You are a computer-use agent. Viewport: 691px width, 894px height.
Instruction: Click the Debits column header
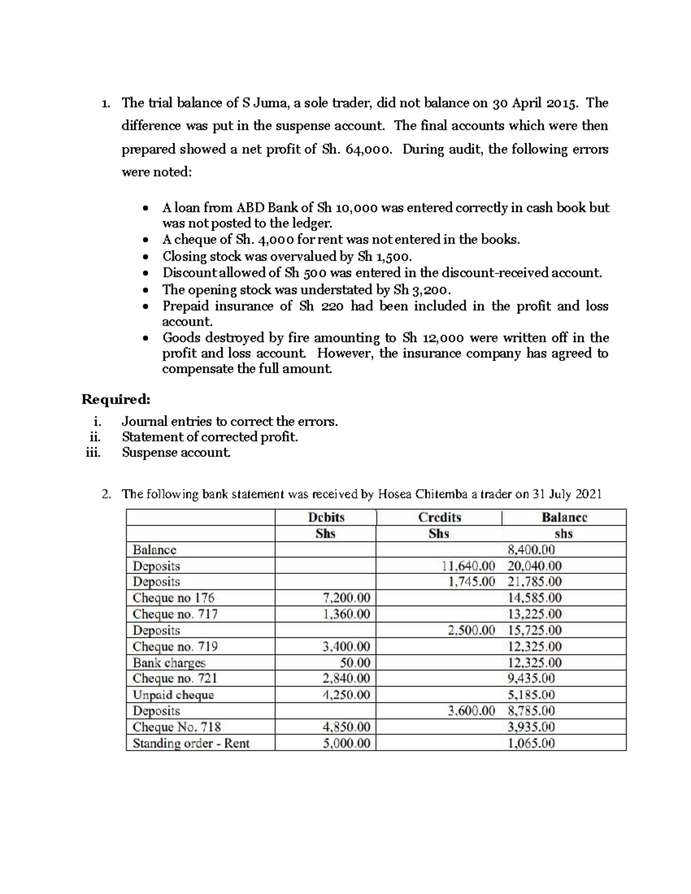pyautogui.click(x=326, y=517)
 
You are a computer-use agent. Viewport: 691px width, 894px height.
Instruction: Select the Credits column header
pyautogui.click(x=439, y=517)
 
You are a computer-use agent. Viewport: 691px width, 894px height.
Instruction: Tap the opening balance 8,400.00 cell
pyautogui.click(x=531, y=550)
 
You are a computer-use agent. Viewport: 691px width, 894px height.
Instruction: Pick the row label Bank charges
pyautogui.click(x=169, y=663)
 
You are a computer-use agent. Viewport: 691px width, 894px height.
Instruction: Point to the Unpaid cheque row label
pyautogui.click(x=173, y=695)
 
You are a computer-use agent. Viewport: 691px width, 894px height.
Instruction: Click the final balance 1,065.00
pyautogui.click(x=531, y=743)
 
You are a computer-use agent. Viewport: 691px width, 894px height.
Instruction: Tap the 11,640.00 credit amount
pyautogui.click(x=468, y=566)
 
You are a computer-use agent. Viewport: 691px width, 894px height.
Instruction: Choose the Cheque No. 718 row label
pyautogui.click(x=176, y=727)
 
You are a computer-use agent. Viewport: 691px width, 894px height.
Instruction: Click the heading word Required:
pyautogui.click(x=116, y=399)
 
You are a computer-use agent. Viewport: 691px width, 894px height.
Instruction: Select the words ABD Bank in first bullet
pyautogui.click(x=266, y=208)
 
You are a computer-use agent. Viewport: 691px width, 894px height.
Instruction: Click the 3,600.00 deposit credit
pyautogui.click(x=471, y=711)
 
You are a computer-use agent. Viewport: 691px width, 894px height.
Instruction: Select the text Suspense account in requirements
pyautogui.click(x=176, y=452)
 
